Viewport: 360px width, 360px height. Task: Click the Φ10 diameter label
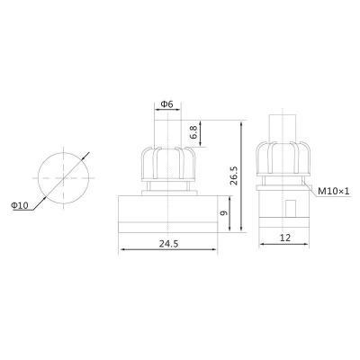click(x=20, y=205)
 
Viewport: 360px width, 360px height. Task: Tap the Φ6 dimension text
click(x=167, y=104)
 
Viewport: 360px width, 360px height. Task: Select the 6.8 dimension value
click(x=194, y=132)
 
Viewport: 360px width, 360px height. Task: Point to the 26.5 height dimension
click(x=234, y=175)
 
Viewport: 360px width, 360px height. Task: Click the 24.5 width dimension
click(x=168, y=244)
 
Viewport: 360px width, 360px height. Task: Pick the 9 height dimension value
click(x=223, y=213)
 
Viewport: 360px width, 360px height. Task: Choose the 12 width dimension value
click(x=285, y=238)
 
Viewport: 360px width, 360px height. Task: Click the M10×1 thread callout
click(x=334, y=191)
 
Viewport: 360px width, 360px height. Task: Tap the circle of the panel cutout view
click(x=38, y=178)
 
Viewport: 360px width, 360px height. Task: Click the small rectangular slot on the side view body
click(x=290, y=208)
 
